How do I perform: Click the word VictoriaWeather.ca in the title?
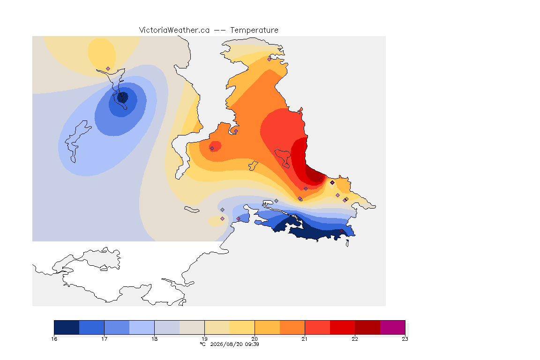click(x=174, y=30)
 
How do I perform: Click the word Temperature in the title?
click(x=254, y=30)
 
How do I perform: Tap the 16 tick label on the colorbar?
click(x=54, y=339)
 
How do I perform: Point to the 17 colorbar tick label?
click(x=105, y=339)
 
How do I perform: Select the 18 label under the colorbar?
click(x=154, y=339)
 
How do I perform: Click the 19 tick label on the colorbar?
click(x=204, y=339)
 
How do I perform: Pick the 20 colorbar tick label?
click(x=255, y=339)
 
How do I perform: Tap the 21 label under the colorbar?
click(x=305, y=339)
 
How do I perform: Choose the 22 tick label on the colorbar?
click(x=355, y=339)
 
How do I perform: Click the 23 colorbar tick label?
click(x=405, y=339)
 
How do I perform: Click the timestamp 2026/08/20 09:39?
click(x=234, y=344)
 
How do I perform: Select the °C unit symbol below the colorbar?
click(x=203, y=344)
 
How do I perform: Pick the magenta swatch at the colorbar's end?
click(x=393, y=327)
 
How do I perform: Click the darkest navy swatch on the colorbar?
click(x=67, y=327)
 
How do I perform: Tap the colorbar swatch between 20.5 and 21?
click(x=292, y=327)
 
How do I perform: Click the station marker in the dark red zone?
click(x=321, y=180)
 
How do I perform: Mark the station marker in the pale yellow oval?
click(x=108, y=69)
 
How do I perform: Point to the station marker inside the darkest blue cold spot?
click(x=122, y=94)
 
